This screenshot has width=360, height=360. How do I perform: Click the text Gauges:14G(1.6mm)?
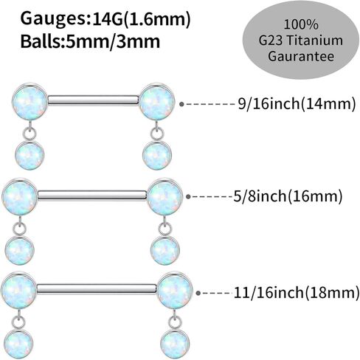pyautogui.click(x=105, y=19)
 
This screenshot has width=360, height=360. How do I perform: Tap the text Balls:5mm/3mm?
pyautogui.click(x=90, y=41)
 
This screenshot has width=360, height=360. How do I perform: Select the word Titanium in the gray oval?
pyautogui.click(x=315, y=41)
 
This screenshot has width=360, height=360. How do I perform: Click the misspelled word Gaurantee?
pyautogui.click(x=301, y=56)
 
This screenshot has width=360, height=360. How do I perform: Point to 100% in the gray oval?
pyautogui.click(x=301, y=24)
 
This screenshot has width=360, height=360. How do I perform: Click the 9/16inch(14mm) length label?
pyautogui.click(x=297, y=104)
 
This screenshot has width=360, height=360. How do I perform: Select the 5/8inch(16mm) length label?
pyautogui.click(x=288, y=196)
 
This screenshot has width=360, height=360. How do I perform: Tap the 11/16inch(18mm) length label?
pyautogui.click(x=297, y=292)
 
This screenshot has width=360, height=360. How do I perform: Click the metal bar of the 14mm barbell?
pyautogui.click(x=93, y=100)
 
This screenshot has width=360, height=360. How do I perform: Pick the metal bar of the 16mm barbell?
pyautogui.click(x=92, y=195)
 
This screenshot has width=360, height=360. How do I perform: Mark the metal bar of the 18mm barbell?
pyautogui.click(x=97, y=289)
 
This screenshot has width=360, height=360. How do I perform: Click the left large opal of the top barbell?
pyautogui.click(x=30, y=102)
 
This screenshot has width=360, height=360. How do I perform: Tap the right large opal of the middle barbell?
pyautogui.click(x=165, y=197)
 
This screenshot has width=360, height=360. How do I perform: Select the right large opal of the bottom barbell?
pyautogui.click(x=175, y=291)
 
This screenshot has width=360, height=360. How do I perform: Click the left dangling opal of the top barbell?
pyautogui.click(x=30, y=156)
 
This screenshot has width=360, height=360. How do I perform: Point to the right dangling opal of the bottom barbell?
pyautogui.click(x=175, y=345)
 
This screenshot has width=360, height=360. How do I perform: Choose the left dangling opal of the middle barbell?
pyautogui.click(x=20, y=251)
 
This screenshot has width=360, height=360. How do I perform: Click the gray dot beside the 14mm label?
pyautogui.click(x=181, y=104)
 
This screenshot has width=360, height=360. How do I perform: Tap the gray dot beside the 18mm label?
pyautogui.click(x=198, y=293)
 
